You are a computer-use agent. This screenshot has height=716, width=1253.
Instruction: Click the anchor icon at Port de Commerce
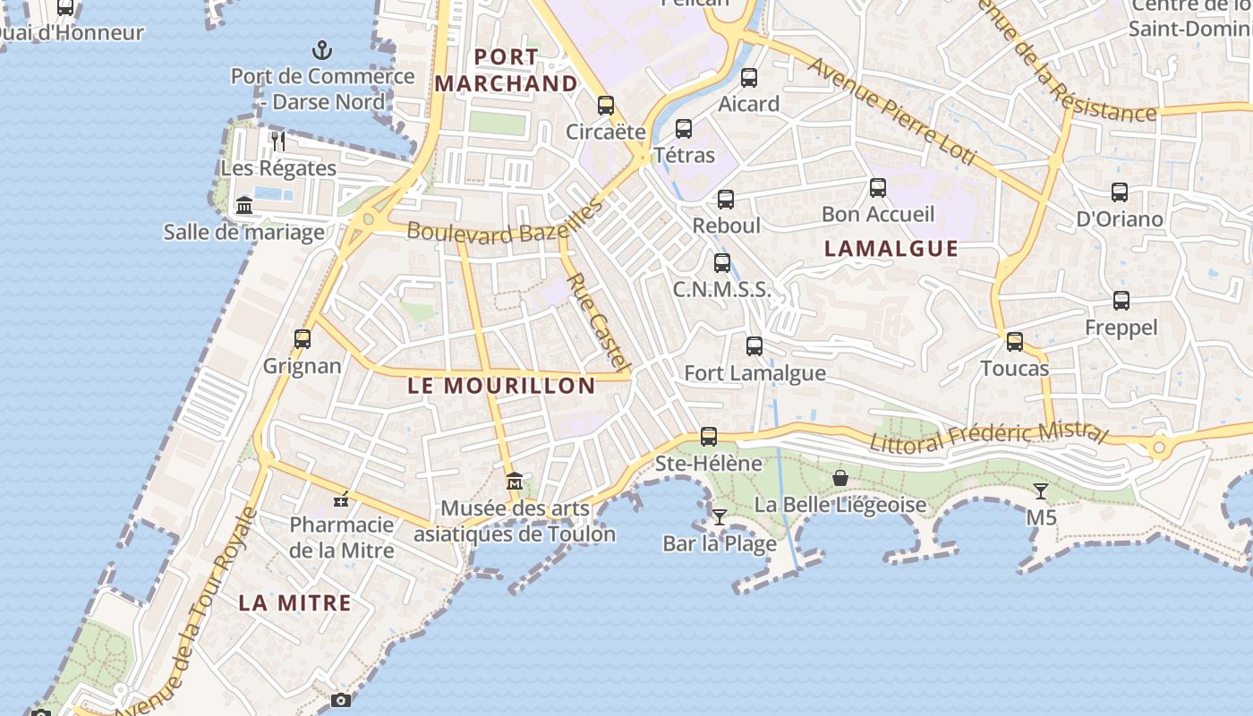pos(321,50)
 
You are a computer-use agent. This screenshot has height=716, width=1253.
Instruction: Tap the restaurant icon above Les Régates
pos(278,141)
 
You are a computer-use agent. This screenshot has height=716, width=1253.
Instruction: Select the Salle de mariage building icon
pos(244,206)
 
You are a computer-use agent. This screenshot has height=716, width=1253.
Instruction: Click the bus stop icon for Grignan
pos(303,339)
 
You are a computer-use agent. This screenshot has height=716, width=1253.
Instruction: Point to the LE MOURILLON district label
pos(501,386)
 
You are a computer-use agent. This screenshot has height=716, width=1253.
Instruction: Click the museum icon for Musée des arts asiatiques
pos(514,482)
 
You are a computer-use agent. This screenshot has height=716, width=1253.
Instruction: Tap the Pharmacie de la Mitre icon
pos(340,499)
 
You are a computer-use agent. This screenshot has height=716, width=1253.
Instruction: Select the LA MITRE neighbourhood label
pos(294,602)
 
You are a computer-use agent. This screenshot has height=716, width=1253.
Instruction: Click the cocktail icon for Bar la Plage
pos(719,517)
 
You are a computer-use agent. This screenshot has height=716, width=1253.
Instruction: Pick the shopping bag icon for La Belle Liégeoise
pos(840,478)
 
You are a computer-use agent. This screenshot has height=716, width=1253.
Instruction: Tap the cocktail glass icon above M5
pos(1040,490)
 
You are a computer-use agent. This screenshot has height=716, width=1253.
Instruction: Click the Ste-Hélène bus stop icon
pos(709,437)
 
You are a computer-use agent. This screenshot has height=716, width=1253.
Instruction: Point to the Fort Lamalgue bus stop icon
pos(754,346)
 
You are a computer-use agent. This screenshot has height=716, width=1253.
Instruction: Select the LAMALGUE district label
pos(891,249)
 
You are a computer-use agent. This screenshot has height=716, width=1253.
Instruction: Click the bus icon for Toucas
pos(1014,342)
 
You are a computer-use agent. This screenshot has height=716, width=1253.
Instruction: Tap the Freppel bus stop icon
pos(1121,301)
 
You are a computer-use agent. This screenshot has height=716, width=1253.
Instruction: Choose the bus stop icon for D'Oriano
pos(1119,192)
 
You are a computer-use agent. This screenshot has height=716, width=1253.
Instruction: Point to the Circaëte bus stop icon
pos(606,106)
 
